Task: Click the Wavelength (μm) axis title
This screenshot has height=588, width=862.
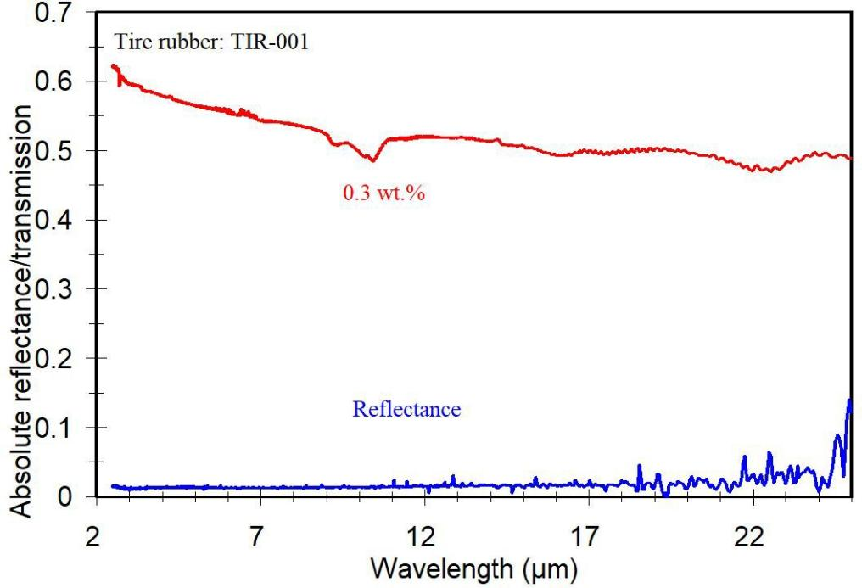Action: click(x=473, y=568)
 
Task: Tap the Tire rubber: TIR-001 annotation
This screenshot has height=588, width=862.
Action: click(x=211, y=42)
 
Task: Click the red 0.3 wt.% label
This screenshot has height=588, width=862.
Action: click(x=383, y=193)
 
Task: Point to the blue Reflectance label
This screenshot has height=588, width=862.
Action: click(x=406, y=411)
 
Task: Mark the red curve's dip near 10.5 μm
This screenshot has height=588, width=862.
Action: click(x=372, y=160)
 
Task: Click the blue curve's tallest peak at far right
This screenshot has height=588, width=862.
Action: click(x=848, y=400)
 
